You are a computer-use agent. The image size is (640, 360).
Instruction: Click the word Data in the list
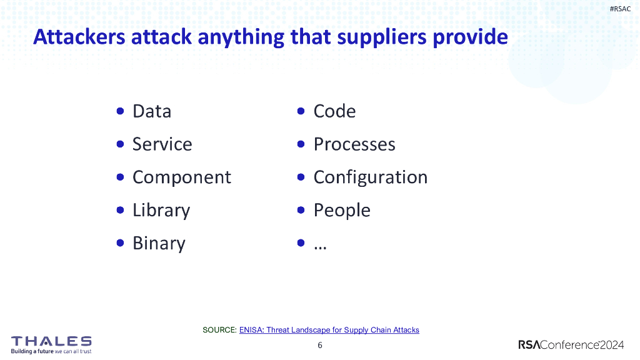pyautogui.click(x=151, y=111)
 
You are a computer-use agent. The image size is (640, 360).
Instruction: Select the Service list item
pyautogui.click(x=162, y=144)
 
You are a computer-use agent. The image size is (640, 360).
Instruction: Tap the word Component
pyautogui.click(x=181, y=177)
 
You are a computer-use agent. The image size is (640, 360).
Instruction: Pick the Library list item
pyautogui.click(x=161, y=211)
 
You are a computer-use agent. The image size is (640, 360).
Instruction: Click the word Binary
pyautogui.click(x=159, y=244)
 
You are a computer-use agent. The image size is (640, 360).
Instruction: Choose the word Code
pyautogui.click(x=334, y=111)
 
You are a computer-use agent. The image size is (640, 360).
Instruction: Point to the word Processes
pyautogui.click(x=354, y=144)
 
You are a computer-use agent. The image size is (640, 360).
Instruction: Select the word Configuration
pyautogui.click(x=370, y=177)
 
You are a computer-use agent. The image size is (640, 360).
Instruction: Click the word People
pyautogui.click(x=341, y=211)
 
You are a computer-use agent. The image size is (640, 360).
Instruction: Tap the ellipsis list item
pyautogui.click(x=320, y=245)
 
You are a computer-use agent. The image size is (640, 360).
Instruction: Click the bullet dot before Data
pyautogui.click(x=120, y=111)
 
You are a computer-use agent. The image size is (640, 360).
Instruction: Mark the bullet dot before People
pyautogui.click(x=301, y=210)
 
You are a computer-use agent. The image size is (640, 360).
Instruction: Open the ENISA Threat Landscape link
pyautogui.click(x=329, y=329)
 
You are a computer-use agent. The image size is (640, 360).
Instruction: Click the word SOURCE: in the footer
pyautogui.click(x=219, y=329)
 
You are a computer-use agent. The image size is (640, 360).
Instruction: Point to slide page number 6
pyautogui.click(x=320, y=345)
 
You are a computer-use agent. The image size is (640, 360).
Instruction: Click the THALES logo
pyautogui.click(x=51, y=342)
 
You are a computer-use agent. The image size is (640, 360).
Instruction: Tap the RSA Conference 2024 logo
pyautogui.click(x=571, y=345)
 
